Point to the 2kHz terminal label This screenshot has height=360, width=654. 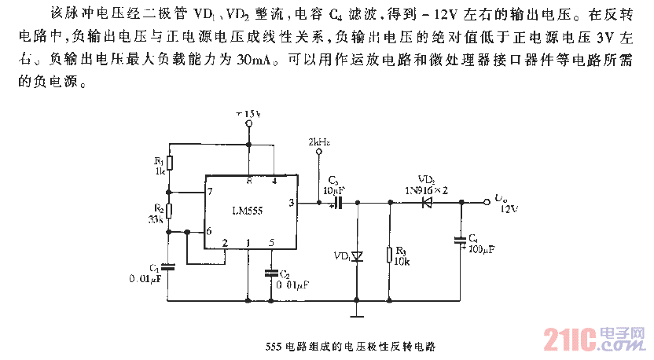[319, 141]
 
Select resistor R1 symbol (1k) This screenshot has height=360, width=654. [171, 164]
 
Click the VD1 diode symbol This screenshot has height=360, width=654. [357, 255]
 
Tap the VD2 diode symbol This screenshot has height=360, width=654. [428, 203]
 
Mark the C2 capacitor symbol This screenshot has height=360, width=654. [273, 273]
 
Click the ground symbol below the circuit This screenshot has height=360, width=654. [358, 316]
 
